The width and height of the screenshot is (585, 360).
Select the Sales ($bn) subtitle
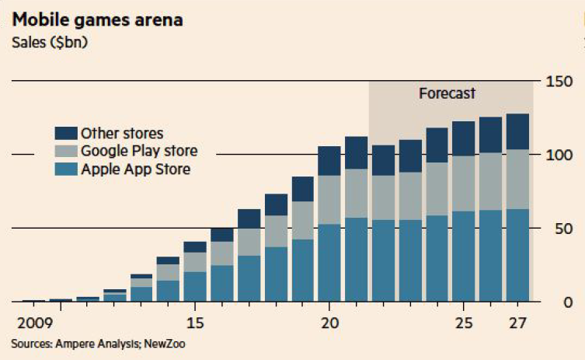(x=50, y=42)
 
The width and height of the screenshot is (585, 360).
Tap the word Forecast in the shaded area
(x=447, y=93)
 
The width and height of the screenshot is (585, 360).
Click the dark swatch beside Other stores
(x=65, y=133)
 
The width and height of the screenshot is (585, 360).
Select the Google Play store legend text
(x=139, y=150)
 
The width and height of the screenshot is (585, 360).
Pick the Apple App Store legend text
(x=135, y=168)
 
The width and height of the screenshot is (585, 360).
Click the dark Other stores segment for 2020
(x=329, y=161)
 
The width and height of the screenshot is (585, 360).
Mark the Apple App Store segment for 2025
(x=464, y=256)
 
